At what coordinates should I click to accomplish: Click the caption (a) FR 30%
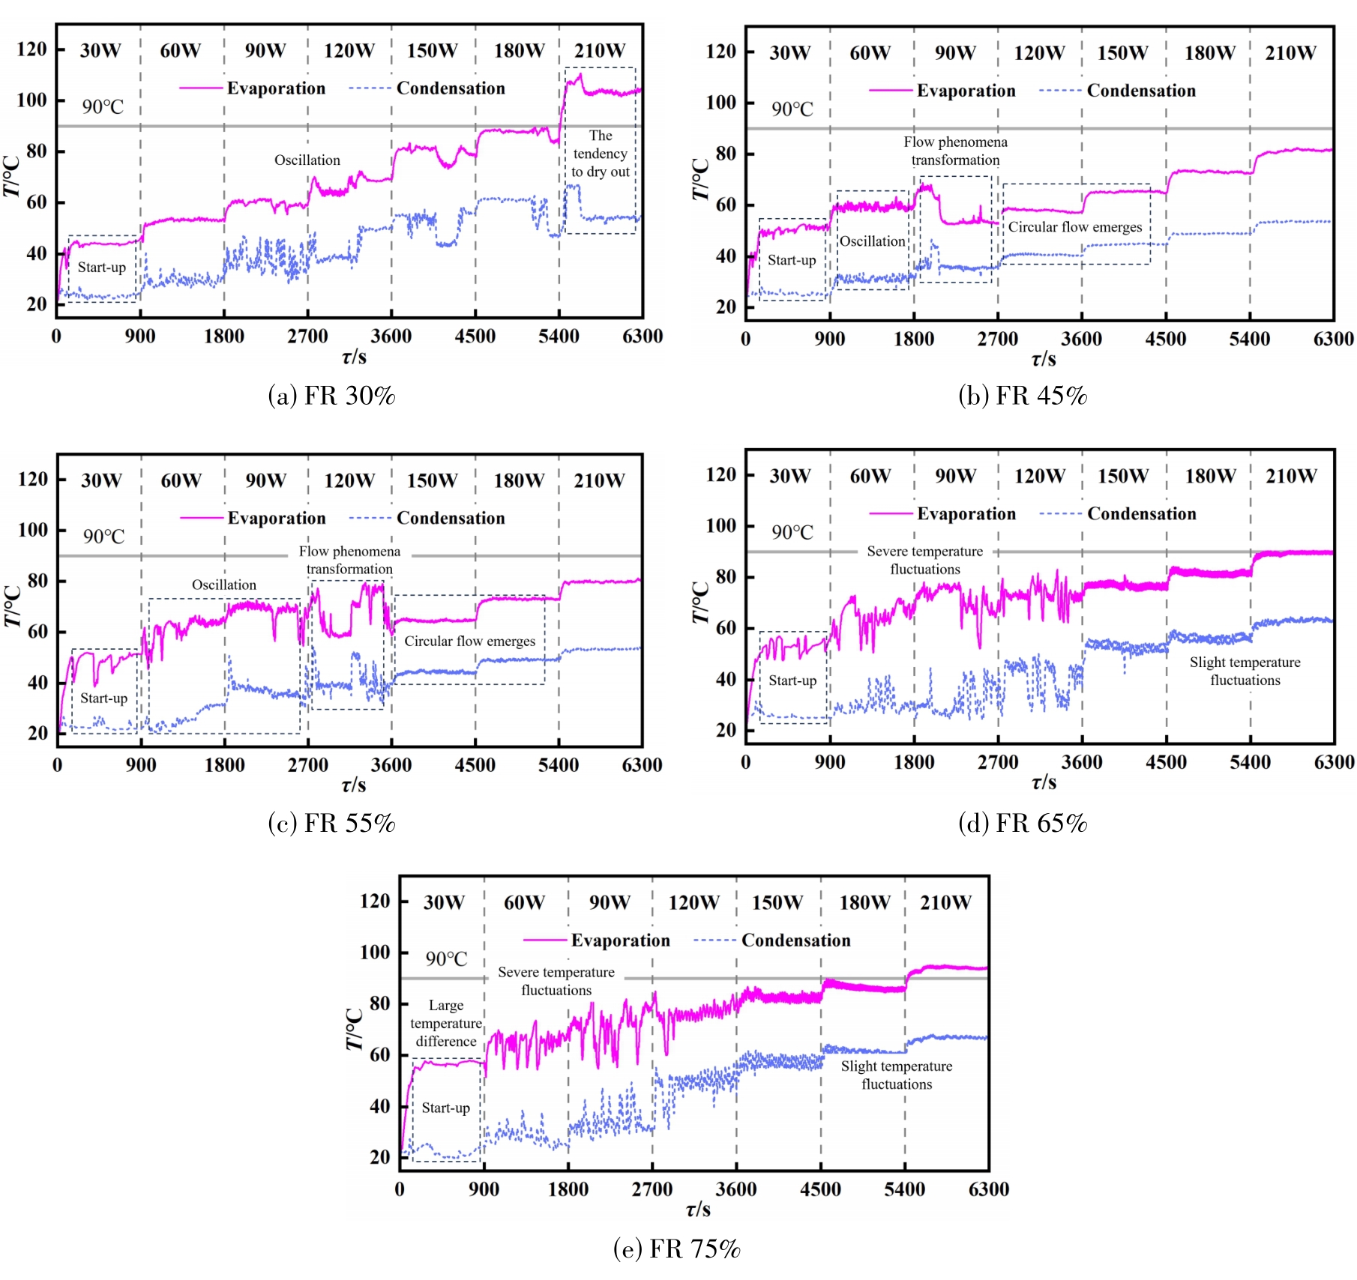point(331,395)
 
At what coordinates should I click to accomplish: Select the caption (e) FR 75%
point(676,1249)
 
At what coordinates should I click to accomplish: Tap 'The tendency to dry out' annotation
point(600,154)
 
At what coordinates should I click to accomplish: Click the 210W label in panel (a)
point(599,51)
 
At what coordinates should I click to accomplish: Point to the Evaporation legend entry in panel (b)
point(966,91)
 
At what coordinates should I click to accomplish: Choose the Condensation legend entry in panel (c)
point(451,518)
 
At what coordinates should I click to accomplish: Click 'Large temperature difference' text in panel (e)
point(446,1023)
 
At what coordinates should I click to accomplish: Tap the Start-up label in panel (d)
point(792,680)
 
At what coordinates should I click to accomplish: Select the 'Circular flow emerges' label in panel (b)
point(1075,227)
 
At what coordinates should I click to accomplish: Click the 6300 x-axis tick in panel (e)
point(988,1189)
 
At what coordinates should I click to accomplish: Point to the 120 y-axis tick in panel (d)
point(721,474)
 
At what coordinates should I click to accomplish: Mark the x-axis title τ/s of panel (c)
point(354,785)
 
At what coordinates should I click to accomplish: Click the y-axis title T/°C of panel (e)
point(355,1028)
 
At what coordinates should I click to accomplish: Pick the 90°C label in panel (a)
point(103,106)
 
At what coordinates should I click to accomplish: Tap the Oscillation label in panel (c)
point(224,585)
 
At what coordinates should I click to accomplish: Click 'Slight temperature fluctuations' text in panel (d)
point(1245,671)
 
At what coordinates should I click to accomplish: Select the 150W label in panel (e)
point(777,902)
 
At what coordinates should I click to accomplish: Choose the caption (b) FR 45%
point(1023,395)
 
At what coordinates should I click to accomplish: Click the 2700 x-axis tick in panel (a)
point(307,336)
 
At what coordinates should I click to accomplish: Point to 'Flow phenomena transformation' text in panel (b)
point(955,151)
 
